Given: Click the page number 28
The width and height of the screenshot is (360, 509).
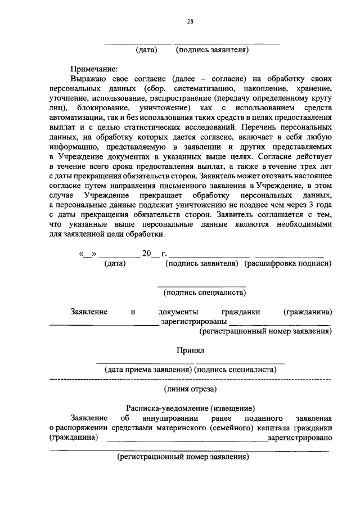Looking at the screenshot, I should (190, 22).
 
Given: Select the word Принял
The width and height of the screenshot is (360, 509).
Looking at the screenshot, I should (190, 350).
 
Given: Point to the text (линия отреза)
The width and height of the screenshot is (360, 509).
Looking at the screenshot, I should (190, 389).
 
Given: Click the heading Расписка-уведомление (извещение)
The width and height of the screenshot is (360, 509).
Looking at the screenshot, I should (190, 408).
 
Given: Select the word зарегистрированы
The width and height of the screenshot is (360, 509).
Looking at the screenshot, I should (193, 322).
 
